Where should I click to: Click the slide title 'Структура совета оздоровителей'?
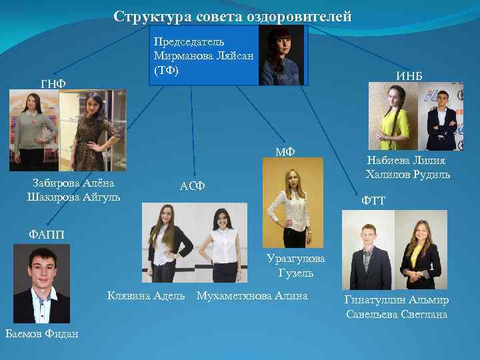pos(232,17)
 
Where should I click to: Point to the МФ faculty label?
pos(286,152)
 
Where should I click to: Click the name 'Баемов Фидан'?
pos(41,333)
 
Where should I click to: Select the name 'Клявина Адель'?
pos(147,295)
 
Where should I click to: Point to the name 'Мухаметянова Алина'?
pos(252,295)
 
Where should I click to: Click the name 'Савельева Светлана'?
pos(397,314)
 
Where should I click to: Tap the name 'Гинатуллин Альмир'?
pos(397,300)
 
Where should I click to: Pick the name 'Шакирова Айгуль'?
pos(74,197)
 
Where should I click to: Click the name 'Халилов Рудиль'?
pos(407,175)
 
